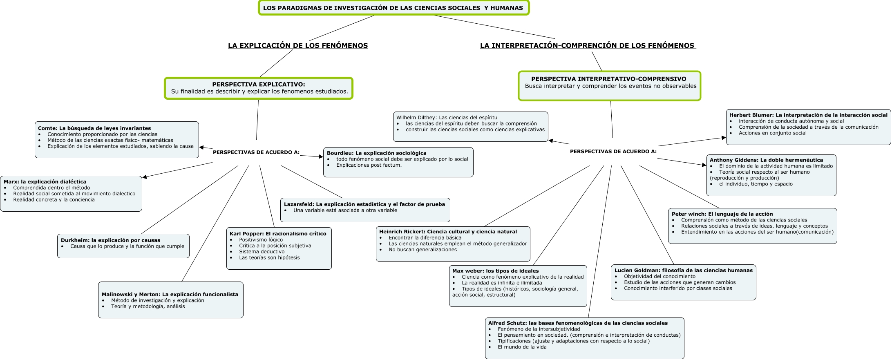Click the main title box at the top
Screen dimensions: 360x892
pos(393,8)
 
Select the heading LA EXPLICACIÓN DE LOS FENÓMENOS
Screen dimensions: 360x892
pos(297,45)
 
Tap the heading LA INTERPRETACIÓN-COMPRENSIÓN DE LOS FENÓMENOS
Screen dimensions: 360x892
pos(587,45)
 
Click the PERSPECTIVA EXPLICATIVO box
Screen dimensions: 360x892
pos(259,88)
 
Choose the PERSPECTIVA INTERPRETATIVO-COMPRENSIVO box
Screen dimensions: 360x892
pos(609,85)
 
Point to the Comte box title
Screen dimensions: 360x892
pos(94,128)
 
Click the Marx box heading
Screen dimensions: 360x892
pos(45,182)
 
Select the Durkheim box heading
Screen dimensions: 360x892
pos(110,240)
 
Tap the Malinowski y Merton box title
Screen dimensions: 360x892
pos(170,294)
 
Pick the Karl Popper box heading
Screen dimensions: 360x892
pos(278,234)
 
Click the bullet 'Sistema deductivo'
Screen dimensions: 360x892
pos(262,252)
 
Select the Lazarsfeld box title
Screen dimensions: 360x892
pos(364,204)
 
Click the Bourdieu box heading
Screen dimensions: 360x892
pos(376,153)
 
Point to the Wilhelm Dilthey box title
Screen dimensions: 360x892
pos(447,118)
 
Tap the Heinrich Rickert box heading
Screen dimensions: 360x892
pos(448,232)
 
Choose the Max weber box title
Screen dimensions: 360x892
pos(495,271)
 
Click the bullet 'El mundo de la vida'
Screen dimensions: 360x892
pos(522,347)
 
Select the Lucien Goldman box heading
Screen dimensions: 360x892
pos(683,271)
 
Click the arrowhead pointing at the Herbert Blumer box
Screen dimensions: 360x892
pos(724,138)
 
